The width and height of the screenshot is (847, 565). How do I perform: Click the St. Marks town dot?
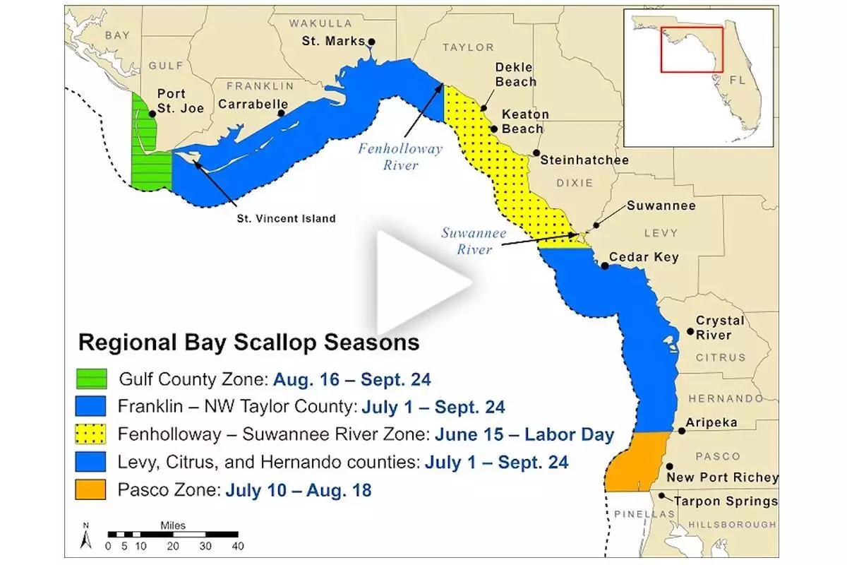[x=372, y=42]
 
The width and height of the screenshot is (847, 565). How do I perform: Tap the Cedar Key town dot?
[x=605, y=266]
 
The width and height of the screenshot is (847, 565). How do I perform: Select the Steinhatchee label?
[x=584, y=160]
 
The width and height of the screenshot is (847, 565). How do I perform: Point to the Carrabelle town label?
[x=253, y=104]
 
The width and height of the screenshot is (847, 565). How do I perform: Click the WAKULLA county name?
[x=320, y=23]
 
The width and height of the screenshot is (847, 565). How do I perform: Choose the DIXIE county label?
[x=575, y=183]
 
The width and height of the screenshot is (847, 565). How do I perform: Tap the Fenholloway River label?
[x=400, y=157]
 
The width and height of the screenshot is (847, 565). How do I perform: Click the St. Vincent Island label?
[x=287, y=218]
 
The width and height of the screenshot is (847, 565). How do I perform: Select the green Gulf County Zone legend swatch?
[x=92, y=379]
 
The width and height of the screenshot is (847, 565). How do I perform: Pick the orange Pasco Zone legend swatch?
[x=90, y=489]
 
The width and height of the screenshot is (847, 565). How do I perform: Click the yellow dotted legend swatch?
[x=90, y=434]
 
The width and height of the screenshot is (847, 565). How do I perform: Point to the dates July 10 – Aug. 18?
[x=299, y=490]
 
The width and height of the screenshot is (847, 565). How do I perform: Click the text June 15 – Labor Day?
[x=524, y=434]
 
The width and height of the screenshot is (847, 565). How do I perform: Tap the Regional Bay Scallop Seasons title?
[x=248, y=342]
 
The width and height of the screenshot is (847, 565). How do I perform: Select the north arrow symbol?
[x=86, y=536]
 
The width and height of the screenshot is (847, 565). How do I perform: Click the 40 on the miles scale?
[x=238, y=546]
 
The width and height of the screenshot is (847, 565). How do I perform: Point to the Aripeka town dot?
[x=681, y=431]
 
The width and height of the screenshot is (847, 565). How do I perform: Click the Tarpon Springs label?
[x=726, y=501]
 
